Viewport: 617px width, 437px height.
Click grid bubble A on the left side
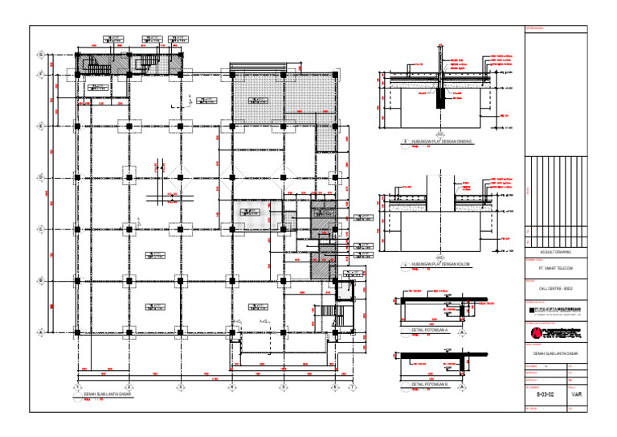[41, 332]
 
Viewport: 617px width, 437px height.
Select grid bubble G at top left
[41, 54]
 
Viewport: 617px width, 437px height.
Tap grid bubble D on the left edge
[41, 177]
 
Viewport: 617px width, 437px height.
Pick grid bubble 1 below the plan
[76, 387]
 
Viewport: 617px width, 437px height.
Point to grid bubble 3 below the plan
[231, 387]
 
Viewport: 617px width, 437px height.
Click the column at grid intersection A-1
[77, 332]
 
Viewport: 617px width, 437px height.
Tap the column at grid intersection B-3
[231, 281]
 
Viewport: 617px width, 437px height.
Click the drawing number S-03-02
[546, 395]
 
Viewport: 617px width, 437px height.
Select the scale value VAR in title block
[577, 395]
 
